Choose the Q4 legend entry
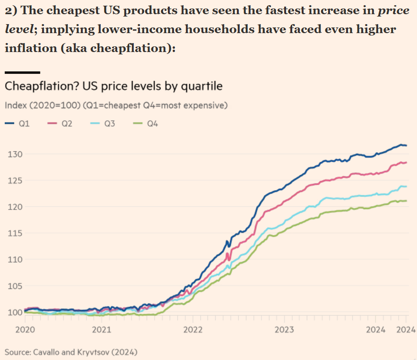tap(147, 124)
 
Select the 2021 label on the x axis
tap(102, 329)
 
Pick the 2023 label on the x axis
tap(285, 329)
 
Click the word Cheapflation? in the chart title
tap(41, 87)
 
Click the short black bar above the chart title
tap(22, 72)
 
